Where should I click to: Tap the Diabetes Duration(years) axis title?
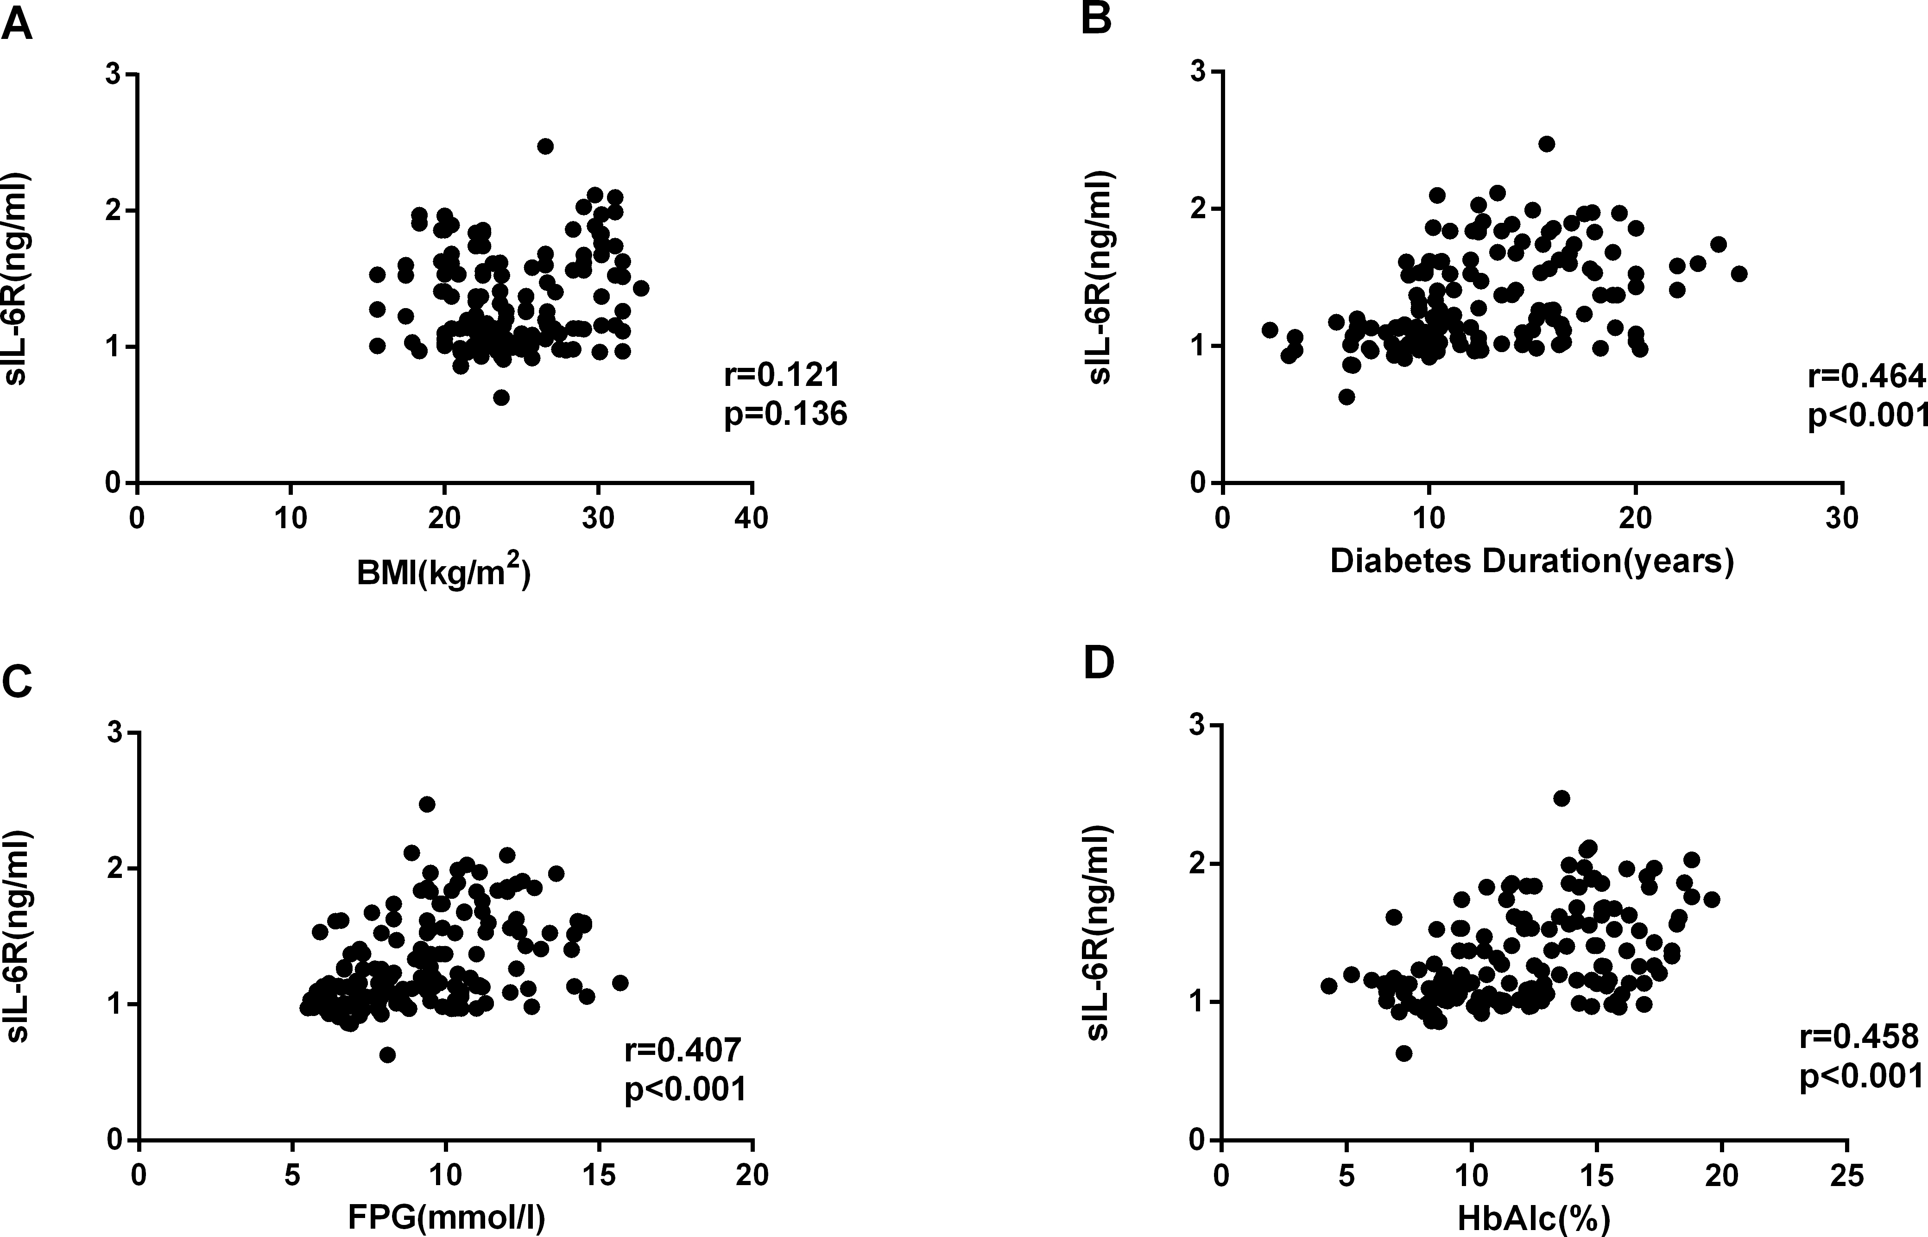(x=1531, y=561)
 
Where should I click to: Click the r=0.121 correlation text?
(x=783, y=375)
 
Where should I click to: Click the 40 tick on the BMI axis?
(x=752, y=518)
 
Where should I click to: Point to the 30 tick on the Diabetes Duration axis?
(x=1842, y=518)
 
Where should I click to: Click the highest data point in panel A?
(x=545, y=146)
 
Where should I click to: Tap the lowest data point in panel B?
(x=1347, y=397)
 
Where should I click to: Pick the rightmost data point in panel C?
(x=619, y=982)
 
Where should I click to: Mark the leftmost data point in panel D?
(x=1329, y=985)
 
